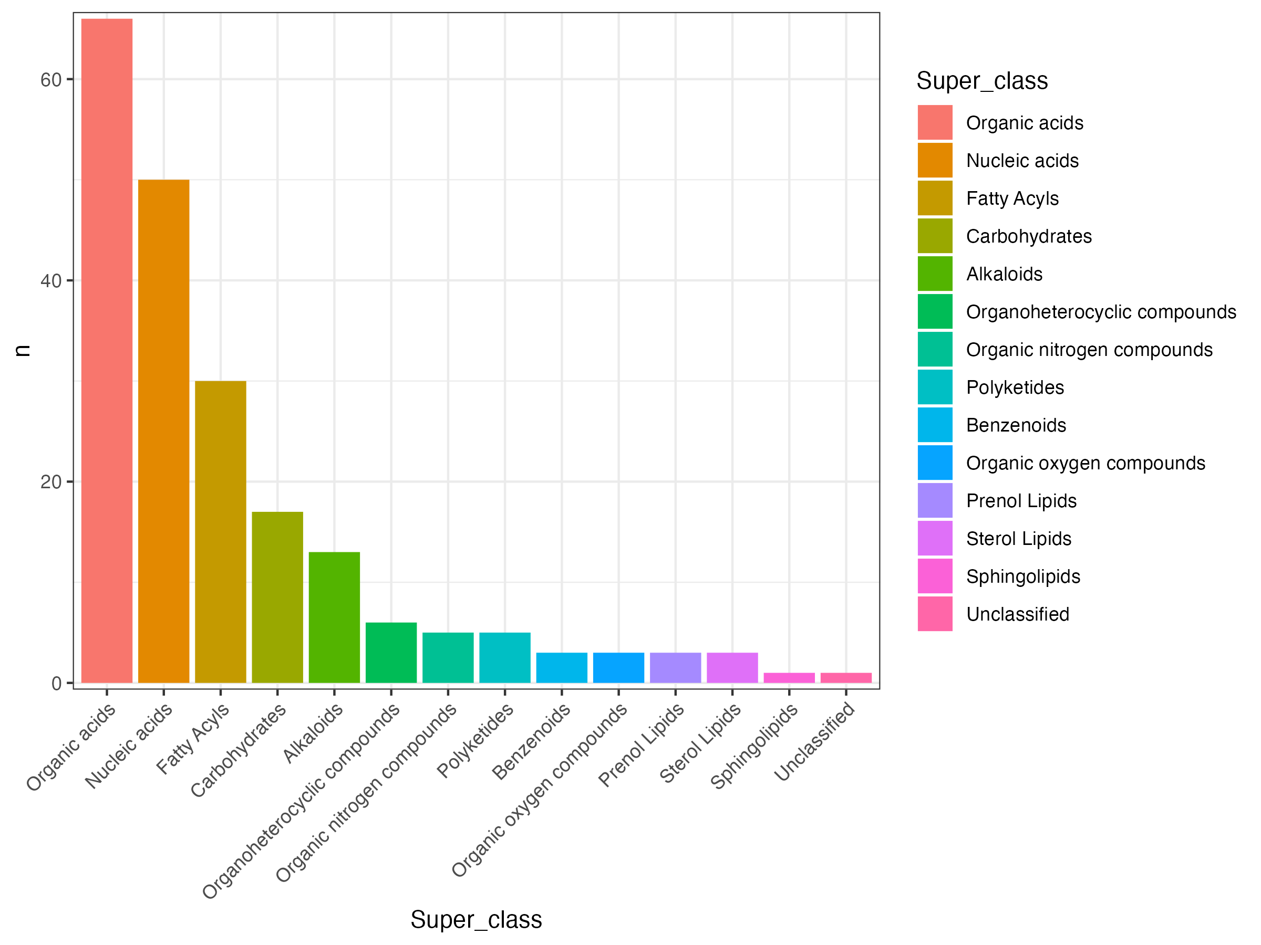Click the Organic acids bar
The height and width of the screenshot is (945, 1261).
[x=107, y=350]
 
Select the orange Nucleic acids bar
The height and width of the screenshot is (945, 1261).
[x=163, y=430]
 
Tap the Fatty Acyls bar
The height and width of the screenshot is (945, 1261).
[x=221, y=531]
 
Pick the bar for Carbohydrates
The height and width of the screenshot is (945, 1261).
[x=277, y=597]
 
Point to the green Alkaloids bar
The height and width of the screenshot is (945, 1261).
[x=334, y=617]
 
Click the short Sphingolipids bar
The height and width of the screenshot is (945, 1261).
[x=789, y=678]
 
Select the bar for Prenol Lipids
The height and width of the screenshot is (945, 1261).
[x=676, y=668]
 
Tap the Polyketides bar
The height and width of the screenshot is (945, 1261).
[x=504, y=657]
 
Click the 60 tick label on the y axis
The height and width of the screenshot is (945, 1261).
[x=51, y=80]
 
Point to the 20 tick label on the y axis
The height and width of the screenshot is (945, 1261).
[x=51, y=482]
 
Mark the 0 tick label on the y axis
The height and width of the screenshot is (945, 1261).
[x=56, y=683]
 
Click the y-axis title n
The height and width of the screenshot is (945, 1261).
[x=23, y=350]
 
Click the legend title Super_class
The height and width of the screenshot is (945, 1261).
[x=981, y=81]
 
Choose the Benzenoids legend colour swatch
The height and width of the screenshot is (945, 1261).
[x=935, y=425]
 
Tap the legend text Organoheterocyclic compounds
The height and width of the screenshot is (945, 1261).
[x=1101, y=312]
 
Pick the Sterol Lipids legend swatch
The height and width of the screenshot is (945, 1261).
[x=935, y=538]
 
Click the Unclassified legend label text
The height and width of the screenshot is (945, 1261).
[x=1018, y=614]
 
